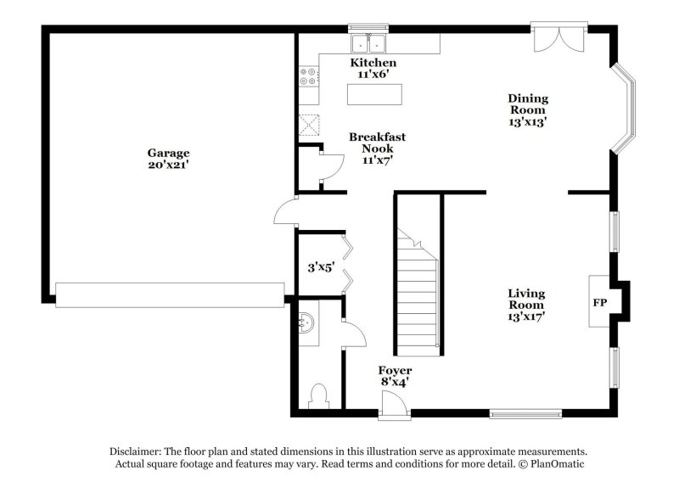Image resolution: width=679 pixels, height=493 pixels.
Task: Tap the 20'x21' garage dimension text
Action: point(167,165)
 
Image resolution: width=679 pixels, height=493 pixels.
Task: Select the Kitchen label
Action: point(373,64)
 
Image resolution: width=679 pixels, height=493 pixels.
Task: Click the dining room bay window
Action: point(626,109)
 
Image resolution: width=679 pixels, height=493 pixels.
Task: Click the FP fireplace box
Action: point(600,301)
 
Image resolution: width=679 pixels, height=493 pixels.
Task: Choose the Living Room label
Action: point(526,299)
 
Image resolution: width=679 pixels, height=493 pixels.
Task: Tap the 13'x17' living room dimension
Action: point(526,317)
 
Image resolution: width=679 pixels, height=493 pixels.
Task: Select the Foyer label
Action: point(395,371)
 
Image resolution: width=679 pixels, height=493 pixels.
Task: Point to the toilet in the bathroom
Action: point(320,396)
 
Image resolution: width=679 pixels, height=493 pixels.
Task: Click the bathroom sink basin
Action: point(309,322)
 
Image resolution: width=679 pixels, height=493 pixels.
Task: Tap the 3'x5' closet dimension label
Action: point(320,267)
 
